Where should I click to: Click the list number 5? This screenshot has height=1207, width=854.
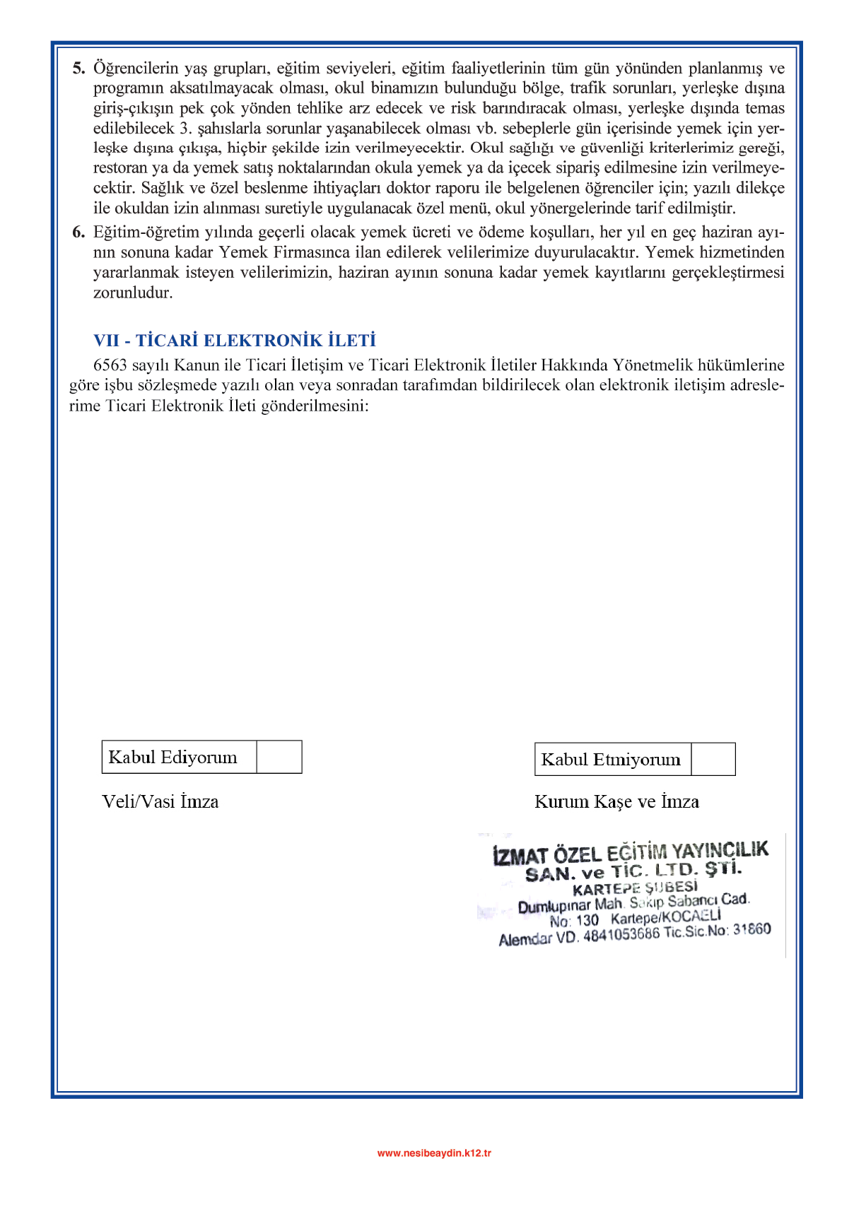point(78,69)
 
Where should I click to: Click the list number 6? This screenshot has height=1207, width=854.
point(78,232)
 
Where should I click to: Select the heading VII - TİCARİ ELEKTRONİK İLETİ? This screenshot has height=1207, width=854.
point(235,341)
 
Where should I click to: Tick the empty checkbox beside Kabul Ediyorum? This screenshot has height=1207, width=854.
point(279,757)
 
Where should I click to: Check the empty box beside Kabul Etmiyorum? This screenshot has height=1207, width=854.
point(713,759)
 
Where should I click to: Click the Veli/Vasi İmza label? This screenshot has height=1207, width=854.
point(160,802)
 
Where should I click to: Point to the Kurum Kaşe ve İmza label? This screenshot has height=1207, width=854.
point(616,802)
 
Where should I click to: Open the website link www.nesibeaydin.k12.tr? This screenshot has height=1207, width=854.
point(434,1153)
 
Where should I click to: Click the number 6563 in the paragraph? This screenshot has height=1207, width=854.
point(110,365)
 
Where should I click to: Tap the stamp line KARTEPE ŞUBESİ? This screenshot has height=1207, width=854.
point(635,888)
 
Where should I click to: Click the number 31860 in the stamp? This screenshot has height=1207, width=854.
point(751,929)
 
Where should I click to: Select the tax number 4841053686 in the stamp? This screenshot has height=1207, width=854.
point(621,935)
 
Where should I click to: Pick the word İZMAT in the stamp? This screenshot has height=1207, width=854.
point(520,856)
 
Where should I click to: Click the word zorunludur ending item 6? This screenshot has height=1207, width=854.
point(133,293)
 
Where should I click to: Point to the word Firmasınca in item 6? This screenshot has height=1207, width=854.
point(312,252)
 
